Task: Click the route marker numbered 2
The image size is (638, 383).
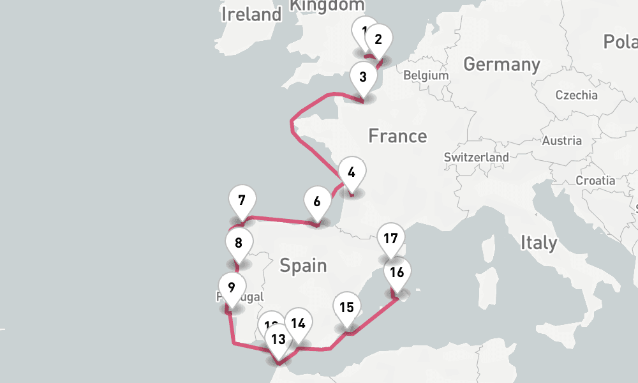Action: (378, 40)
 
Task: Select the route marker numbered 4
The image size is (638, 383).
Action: (352, 172)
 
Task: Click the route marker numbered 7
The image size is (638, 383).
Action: (242, 200)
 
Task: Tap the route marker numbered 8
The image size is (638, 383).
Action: (239, 243)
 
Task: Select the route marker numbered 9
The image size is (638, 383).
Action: (231, 287)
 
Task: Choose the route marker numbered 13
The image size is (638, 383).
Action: (278, 339)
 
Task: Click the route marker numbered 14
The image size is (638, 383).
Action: (298, 324)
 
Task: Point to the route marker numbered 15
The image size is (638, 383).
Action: (346, 308)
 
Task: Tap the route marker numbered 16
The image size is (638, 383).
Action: (397, 273)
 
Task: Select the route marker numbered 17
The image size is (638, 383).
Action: (391, 239)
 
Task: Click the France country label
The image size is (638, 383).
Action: (397, 136)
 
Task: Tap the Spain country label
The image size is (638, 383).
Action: (303, 265)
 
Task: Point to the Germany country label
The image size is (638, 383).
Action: (501, 64)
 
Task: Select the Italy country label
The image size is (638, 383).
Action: (538, 243)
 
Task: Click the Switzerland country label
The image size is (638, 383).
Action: (477, 157)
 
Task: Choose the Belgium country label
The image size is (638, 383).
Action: (426, 75)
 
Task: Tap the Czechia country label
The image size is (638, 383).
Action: (576, 95)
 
